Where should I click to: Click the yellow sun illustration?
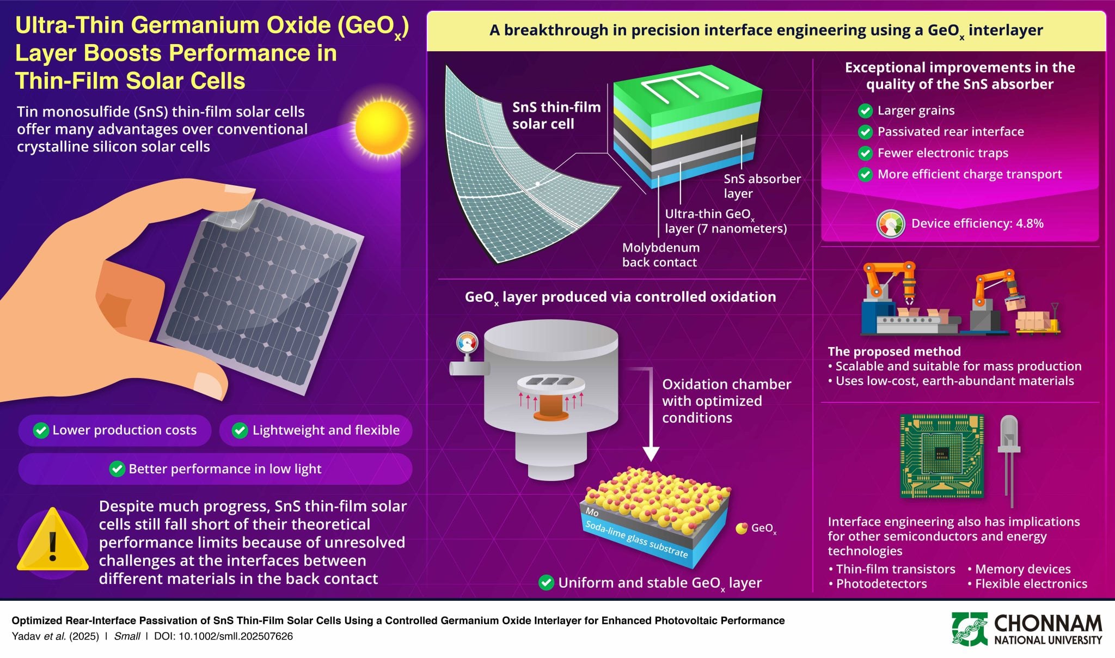[382, 127]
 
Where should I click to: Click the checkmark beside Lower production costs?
[41, 430]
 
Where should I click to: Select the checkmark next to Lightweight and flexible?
[240, 430]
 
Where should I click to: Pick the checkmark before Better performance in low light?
[117, 469]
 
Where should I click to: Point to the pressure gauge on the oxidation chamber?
[467, 343]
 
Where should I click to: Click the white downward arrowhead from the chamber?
[651, 453]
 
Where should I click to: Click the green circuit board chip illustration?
[941, 455]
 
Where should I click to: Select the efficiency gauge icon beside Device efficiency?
[891, 224]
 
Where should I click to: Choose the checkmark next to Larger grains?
[865, 111]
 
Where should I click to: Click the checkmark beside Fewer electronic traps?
[865, 154]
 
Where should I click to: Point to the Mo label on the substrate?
[592, 512]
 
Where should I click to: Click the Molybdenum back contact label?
[660, 255]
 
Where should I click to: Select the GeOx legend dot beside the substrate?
[741, 528]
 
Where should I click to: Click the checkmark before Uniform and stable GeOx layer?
[546, 583]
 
